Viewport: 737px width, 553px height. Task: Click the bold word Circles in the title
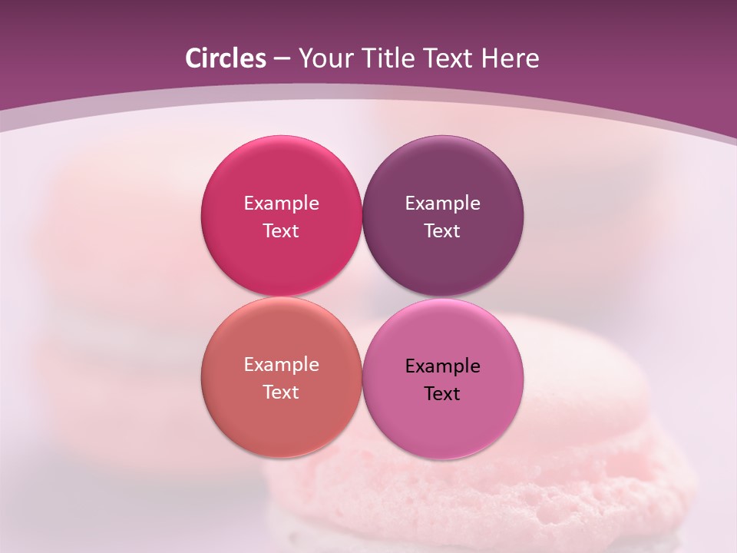click(225, 58)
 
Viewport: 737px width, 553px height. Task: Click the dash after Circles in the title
click(282, 59)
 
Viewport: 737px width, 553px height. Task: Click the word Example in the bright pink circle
click(281, 204)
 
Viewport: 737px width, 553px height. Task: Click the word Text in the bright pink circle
click(281, 231)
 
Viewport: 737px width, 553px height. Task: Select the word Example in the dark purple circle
click(443, 204)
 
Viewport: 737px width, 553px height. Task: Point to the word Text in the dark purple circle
click(443, 231)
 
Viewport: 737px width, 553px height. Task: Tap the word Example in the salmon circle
click(281, 365)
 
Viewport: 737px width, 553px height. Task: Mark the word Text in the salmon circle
click(281, 392)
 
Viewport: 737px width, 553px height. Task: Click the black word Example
click(443, 366)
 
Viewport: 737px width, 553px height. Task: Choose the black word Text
click(443, 394)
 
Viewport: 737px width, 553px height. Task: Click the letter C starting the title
click(193, 58)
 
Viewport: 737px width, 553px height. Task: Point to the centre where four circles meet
click(362, 297)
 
